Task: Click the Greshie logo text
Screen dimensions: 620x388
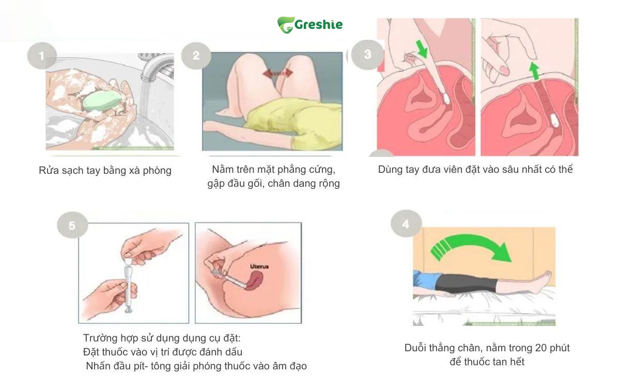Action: pos(318,25)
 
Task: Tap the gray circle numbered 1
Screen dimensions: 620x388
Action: pos(42,56)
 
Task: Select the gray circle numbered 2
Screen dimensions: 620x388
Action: pos(196,55)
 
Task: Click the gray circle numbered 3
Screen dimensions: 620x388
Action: pos(367,55)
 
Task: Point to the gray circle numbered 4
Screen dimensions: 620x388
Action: pos(406,223)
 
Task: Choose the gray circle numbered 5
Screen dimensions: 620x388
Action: pos(72,226)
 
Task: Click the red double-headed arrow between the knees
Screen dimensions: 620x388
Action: pos(277,73)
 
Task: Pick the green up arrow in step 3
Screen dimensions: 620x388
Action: pos(534,71)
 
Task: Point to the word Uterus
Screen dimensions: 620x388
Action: pos(259,266)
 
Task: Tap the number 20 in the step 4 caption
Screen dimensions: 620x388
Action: pos(541,348)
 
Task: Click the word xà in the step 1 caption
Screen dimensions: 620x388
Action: pos(134,170)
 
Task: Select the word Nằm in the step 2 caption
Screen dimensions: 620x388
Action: pos(221,169)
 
